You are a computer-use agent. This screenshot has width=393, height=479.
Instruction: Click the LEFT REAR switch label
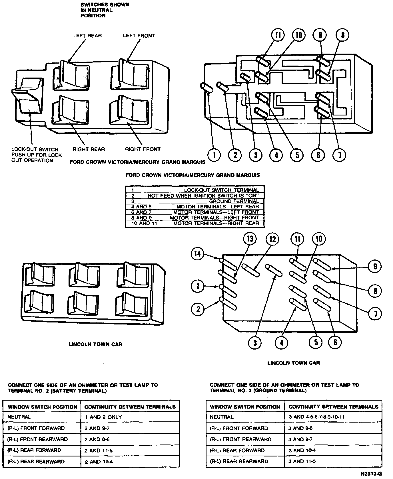tap(87, 36)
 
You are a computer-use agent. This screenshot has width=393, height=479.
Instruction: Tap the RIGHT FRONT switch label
tap(143, 149)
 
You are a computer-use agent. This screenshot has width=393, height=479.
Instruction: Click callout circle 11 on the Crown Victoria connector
tap(278, 35)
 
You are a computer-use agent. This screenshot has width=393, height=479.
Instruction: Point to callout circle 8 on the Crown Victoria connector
tap(343, 35)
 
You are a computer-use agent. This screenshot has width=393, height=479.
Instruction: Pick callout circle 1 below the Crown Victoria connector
tap(214, 155)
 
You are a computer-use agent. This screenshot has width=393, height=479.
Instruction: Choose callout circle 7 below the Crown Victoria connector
tap(340, 155)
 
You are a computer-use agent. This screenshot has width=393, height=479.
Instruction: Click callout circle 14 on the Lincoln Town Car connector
tap(198, 254)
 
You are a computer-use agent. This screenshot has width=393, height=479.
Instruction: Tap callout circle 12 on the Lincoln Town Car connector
tap(272, 239)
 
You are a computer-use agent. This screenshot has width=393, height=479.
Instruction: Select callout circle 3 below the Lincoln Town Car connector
tap(255, 342)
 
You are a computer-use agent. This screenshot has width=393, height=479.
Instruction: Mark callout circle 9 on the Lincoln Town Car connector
tap(375, 266)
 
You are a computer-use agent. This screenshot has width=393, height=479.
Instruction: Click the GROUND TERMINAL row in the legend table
tap(195, 201)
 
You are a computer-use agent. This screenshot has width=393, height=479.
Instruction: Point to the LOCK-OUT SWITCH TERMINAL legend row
tap(195, 190)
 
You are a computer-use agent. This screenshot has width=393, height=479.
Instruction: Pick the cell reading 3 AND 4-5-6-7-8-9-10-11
tap(316, 417)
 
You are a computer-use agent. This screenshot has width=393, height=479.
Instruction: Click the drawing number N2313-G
tap(371, 474)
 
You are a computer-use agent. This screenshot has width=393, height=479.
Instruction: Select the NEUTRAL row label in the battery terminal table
tap(19, 417)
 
